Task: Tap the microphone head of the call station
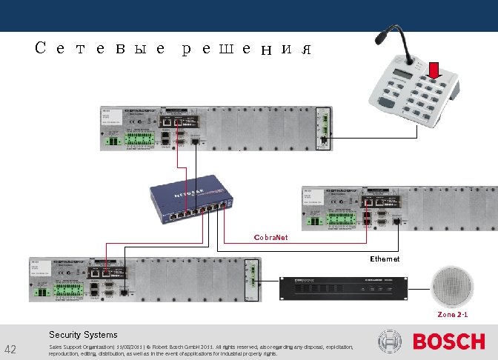coord(385,33)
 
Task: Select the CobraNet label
coord(270,238)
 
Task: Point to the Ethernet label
coord(385,259)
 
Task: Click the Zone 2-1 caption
coord(452,315)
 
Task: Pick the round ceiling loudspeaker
coord(453,287)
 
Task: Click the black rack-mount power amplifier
coord(343,288)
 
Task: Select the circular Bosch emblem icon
coord(390,342)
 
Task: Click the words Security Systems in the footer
coord(83,334)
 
